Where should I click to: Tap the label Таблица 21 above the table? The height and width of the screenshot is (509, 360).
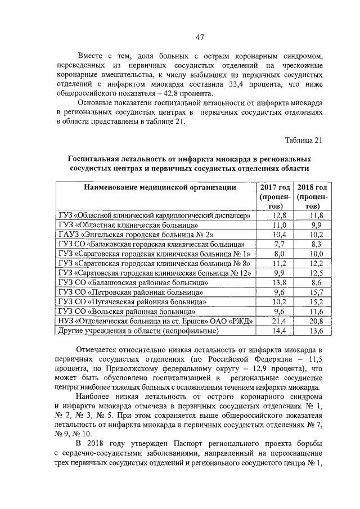(x=304, y=140)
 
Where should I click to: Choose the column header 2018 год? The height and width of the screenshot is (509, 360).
(x=312, y=187)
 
